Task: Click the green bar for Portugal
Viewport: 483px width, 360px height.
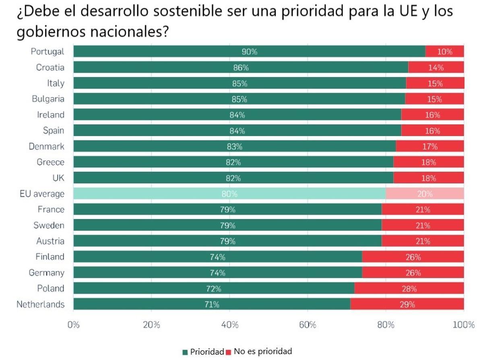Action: pyautogui.click(x=249, y=52)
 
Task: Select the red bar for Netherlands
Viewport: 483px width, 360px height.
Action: pyautogui.click(x=407, y=304)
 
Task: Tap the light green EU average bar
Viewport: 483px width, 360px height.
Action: pyautogui.click(x=229, y=194)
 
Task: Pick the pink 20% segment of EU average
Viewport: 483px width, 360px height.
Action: pyautogui.click(x=425, y=194)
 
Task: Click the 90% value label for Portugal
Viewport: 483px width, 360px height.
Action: pyautogui.click(x=249, y=52)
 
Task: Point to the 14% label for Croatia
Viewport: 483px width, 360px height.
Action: pyautogui.click(x=436, y=68)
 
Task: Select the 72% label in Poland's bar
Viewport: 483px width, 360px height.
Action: pyautogui.click(x=213, y=289)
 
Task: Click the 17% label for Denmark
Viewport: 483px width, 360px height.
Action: pyautogui.click(x=429, y=147)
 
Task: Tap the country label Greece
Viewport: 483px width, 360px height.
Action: pyautogui.click(x=50, y=162)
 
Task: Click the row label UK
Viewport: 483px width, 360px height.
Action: pyautogui.click(x=58, y=178)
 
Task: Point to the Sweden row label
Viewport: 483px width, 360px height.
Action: pyautogui.click(x=49, y=226)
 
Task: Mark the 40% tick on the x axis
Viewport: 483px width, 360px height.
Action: pyautogui.click(x=229, y=325)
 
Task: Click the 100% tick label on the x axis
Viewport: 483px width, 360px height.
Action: pyautogui.click(x=463, y=325)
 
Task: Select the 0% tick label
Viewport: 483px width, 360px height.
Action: pyautogui.click(x=73, y=325)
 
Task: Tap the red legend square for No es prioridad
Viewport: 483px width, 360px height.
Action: pyautogui.click(x=229, y=352)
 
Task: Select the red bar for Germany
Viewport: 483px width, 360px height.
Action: pyautogui.click(x=413, y=273)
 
